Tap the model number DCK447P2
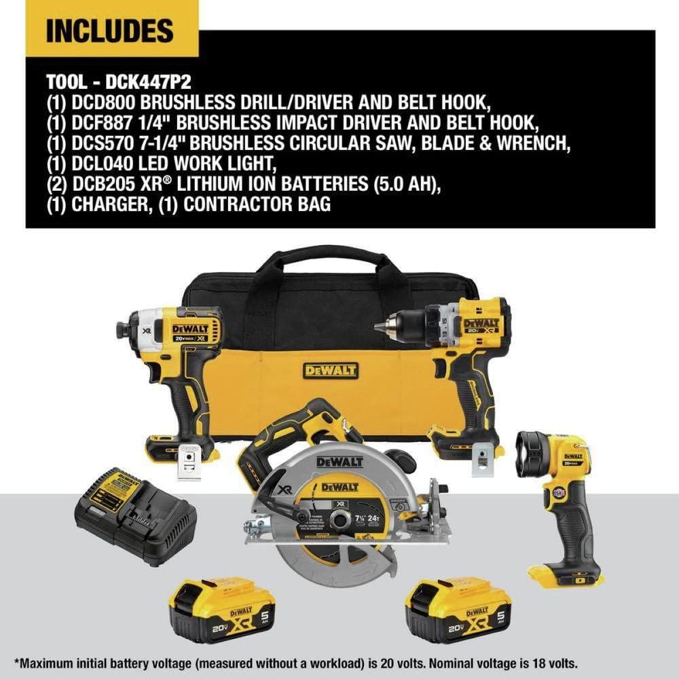click(x=149, y=81)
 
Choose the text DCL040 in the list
click(x=101, y=164)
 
